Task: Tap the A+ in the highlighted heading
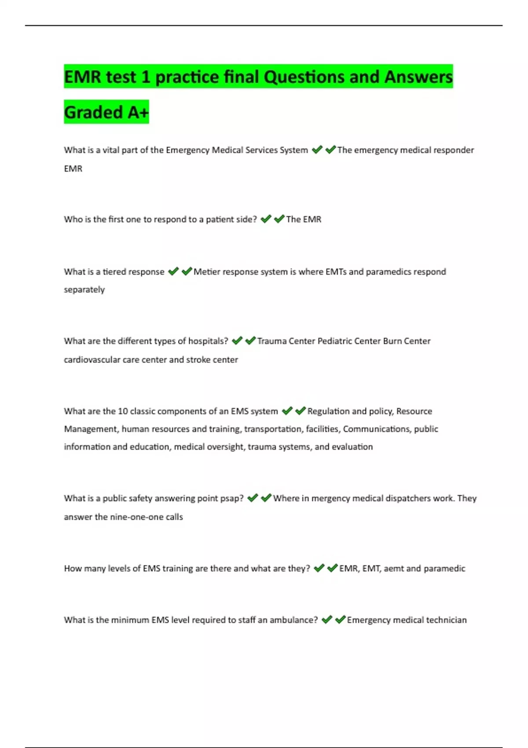coord(138,112)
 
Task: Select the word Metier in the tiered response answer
coord(206,272)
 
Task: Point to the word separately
coord(84,290)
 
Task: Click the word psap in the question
coord(232,499)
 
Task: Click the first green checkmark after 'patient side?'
coord(266,219)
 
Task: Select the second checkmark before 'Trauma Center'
coord(250,341)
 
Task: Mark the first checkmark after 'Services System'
coord(317,150)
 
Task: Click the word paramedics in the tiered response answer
coord(389,272)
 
